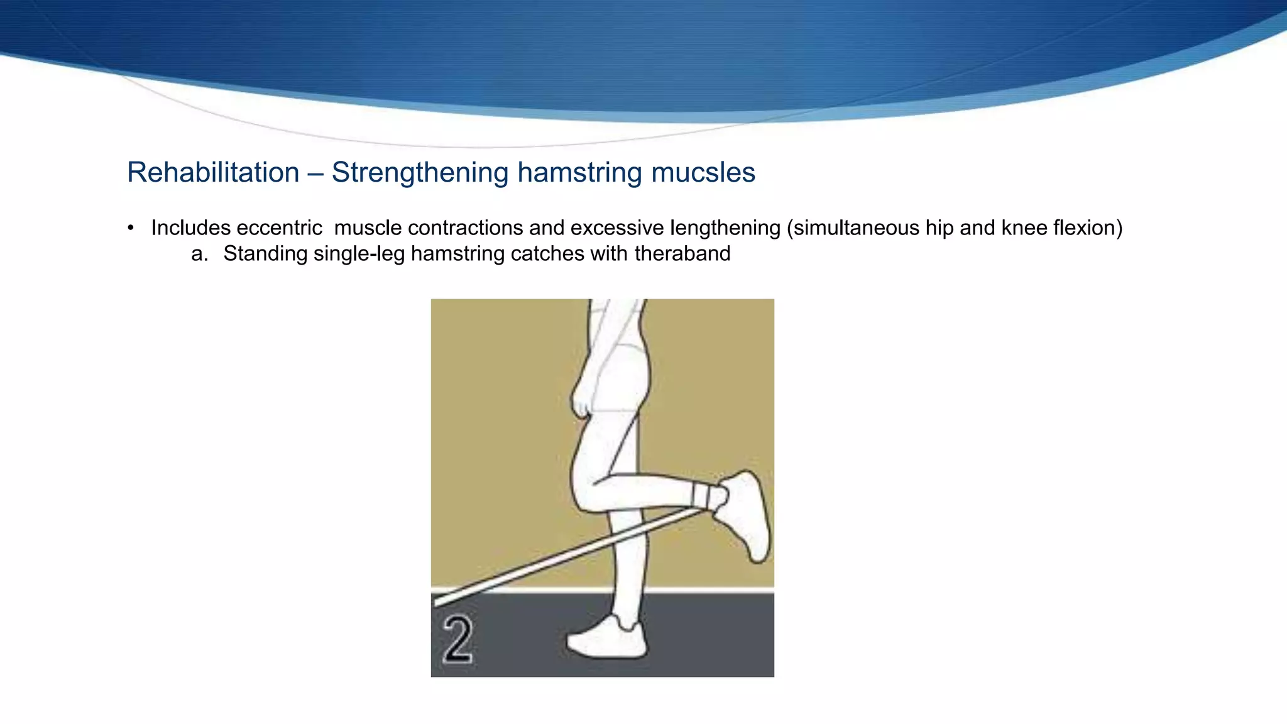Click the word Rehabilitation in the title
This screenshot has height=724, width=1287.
[213, 173]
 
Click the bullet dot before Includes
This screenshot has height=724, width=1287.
[131, 228]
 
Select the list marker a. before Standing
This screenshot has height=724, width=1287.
[199, 254]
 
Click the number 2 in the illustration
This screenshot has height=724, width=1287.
[457, 639]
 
